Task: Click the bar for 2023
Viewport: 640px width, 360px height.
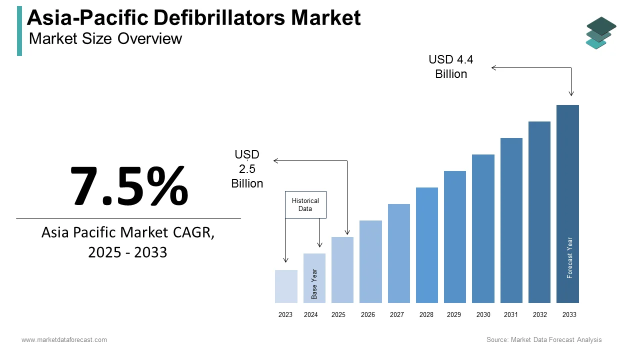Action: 286,286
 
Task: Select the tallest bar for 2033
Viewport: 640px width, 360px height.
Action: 567,204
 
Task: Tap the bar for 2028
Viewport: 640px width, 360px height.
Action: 426,245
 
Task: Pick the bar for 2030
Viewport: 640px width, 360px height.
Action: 483,228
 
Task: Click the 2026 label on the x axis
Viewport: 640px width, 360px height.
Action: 368,315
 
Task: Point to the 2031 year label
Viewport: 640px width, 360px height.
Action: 511,315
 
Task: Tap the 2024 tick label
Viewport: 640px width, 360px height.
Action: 311,315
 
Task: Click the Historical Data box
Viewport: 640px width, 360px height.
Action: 305,204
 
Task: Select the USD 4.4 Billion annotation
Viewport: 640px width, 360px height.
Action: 451,67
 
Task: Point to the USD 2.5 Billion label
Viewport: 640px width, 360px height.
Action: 247,169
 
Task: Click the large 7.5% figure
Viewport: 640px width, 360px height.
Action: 129,186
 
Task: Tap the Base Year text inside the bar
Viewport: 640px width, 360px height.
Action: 314,284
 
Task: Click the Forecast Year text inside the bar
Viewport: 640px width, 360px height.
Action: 569,257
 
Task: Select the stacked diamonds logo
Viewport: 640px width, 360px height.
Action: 600,33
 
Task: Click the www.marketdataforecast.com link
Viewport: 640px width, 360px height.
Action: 64,340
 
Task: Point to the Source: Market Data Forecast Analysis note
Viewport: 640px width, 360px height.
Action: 544,340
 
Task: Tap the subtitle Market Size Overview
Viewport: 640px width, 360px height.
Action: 105,38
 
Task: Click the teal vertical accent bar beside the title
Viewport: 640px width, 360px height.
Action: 19,31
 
